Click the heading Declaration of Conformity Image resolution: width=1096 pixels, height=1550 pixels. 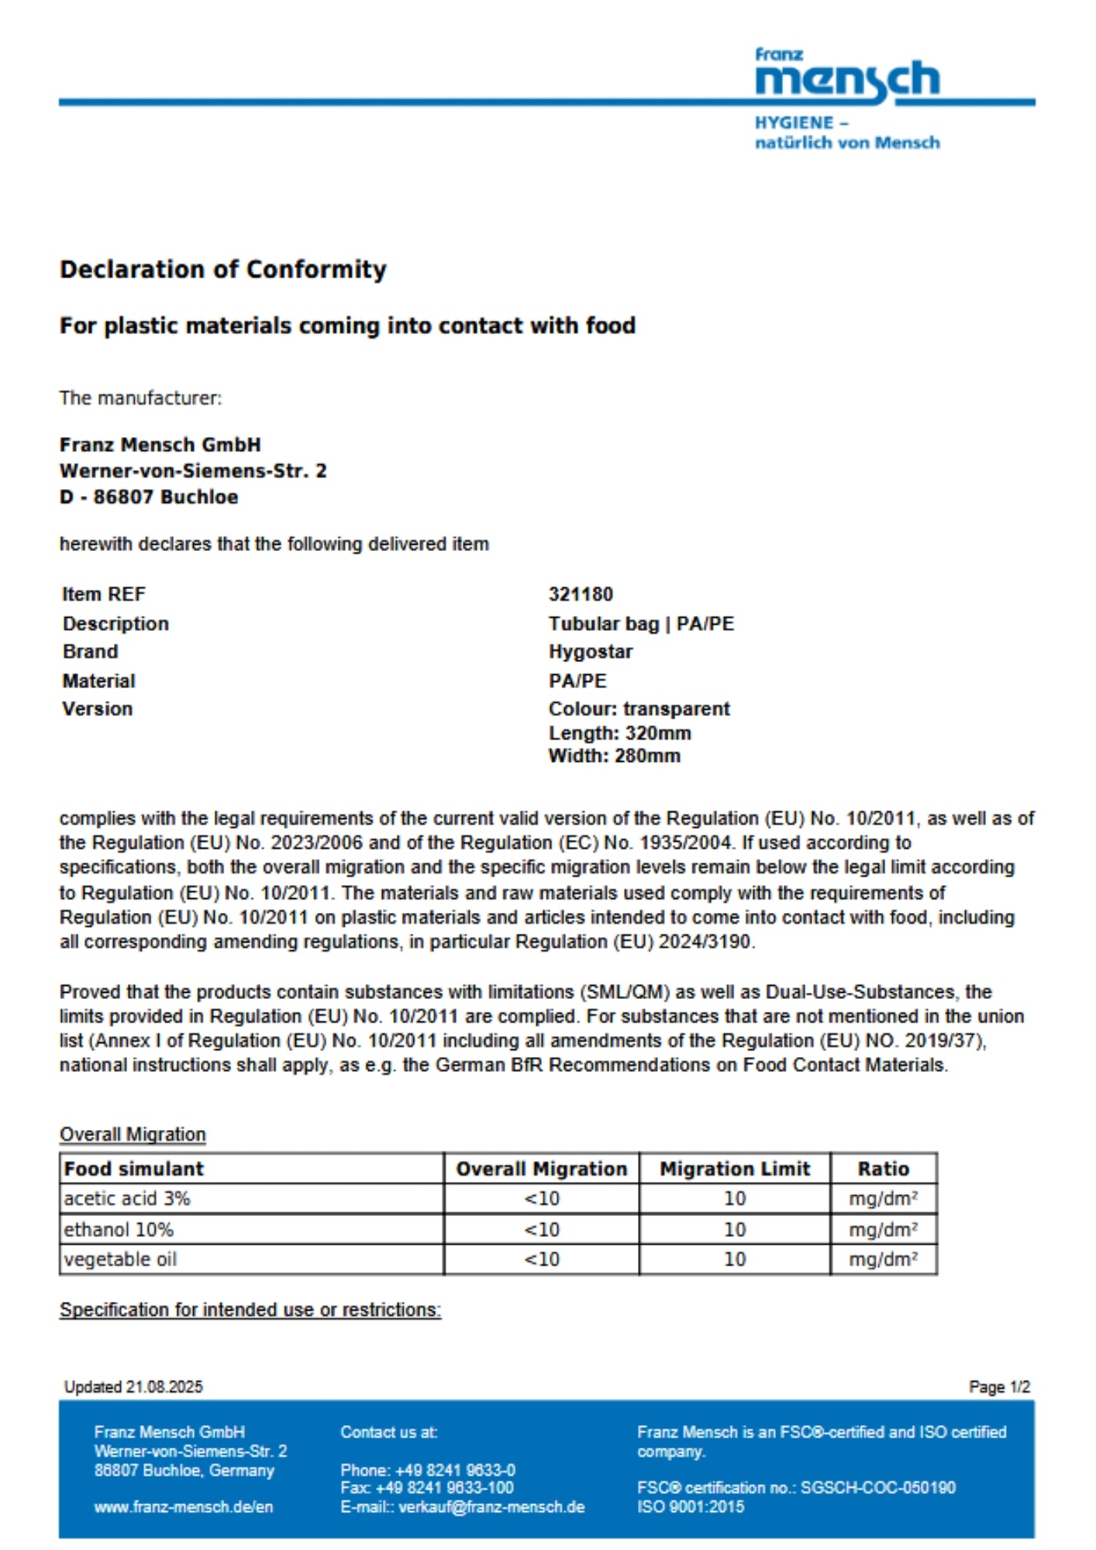pos(223,270)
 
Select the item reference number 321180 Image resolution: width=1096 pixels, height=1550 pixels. pos(581,594)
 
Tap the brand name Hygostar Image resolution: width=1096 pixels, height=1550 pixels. pos(591,652)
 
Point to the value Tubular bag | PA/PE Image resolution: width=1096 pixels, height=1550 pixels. pos(641,624)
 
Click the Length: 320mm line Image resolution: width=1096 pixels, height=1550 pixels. pos(619,733)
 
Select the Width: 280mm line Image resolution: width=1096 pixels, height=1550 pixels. pos(614,756)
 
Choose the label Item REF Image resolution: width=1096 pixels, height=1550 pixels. pos(104,594)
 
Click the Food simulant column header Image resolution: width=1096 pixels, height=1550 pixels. pos(133,1169)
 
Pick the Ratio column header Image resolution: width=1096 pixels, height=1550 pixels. pos(883,1169)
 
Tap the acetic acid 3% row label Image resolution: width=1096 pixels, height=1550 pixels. pos(127,1199)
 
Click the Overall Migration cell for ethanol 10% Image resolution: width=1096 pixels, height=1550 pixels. pos(542,1229)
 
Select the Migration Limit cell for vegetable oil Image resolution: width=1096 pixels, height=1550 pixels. pos(734,1259)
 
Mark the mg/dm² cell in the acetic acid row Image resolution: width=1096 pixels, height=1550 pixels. pos(883,1199)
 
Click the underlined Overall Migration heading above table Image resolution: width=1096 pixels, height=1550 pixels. pos(133,1135)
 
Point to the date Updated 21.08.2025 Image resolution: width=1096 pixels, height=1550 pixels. pos(133,1387)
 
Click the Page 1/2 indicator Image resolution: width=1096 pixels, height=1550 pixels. pos(999,1387)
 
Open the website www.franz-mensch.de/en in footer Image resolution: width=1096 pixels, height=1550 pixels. pos(184,1507)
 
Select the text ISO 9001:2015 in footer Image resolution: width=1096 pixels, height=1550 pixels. pos(691,1507)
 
